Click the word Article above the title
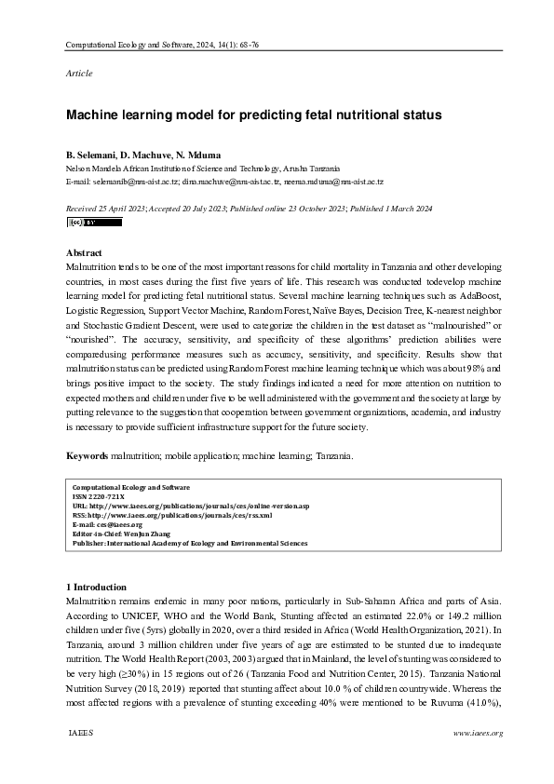pyautogui.click(x=78, y=72)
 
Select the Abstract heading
pyautogui.click(x=85, y=252)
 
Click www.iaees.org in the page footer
pyautogui.click(x=477, y=733)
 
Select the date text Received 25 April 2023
pyautogui.click(x=106, y=210)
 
